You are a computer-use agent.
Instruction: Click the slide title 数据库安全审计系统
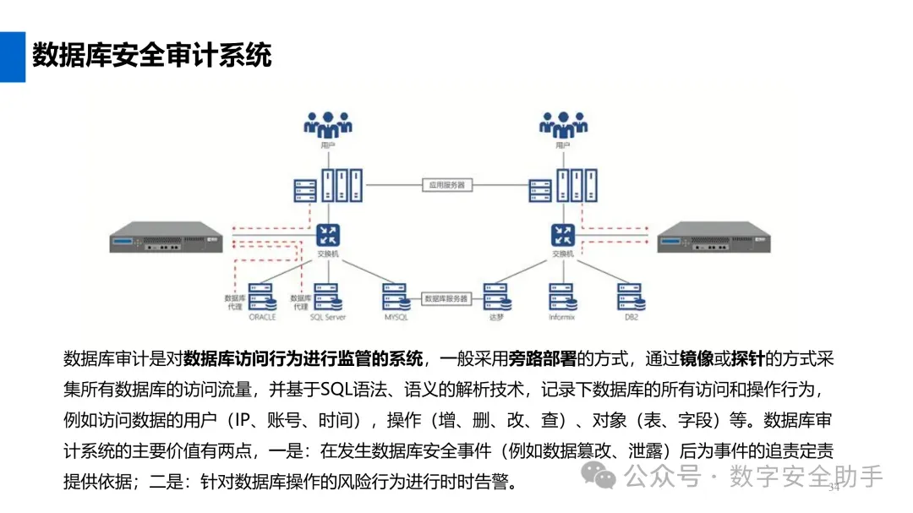click(152, 56)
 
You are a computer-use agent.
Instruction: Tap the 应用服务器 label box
click(446, 184)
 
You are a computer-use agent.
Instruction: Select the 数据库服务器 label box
click(446, 298)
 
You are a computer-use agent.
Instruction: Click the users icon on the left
click(328, 125)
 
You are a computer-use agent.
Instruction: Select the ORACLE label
click(263, 318)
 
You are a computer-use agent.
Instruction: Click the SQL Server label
click(328, 318)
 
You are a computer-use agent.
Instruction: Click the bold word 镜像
click(697, 359)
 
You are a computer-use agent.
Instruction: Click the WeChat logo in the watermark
click(604, 478)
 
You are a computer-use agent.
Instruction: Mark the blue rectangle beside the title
click(12, 57)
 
